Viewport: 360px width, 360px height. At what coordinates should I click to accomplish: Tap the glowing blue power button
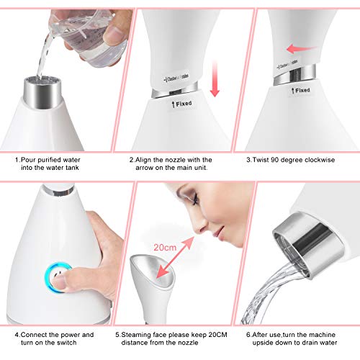click(x=53, y=275)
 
